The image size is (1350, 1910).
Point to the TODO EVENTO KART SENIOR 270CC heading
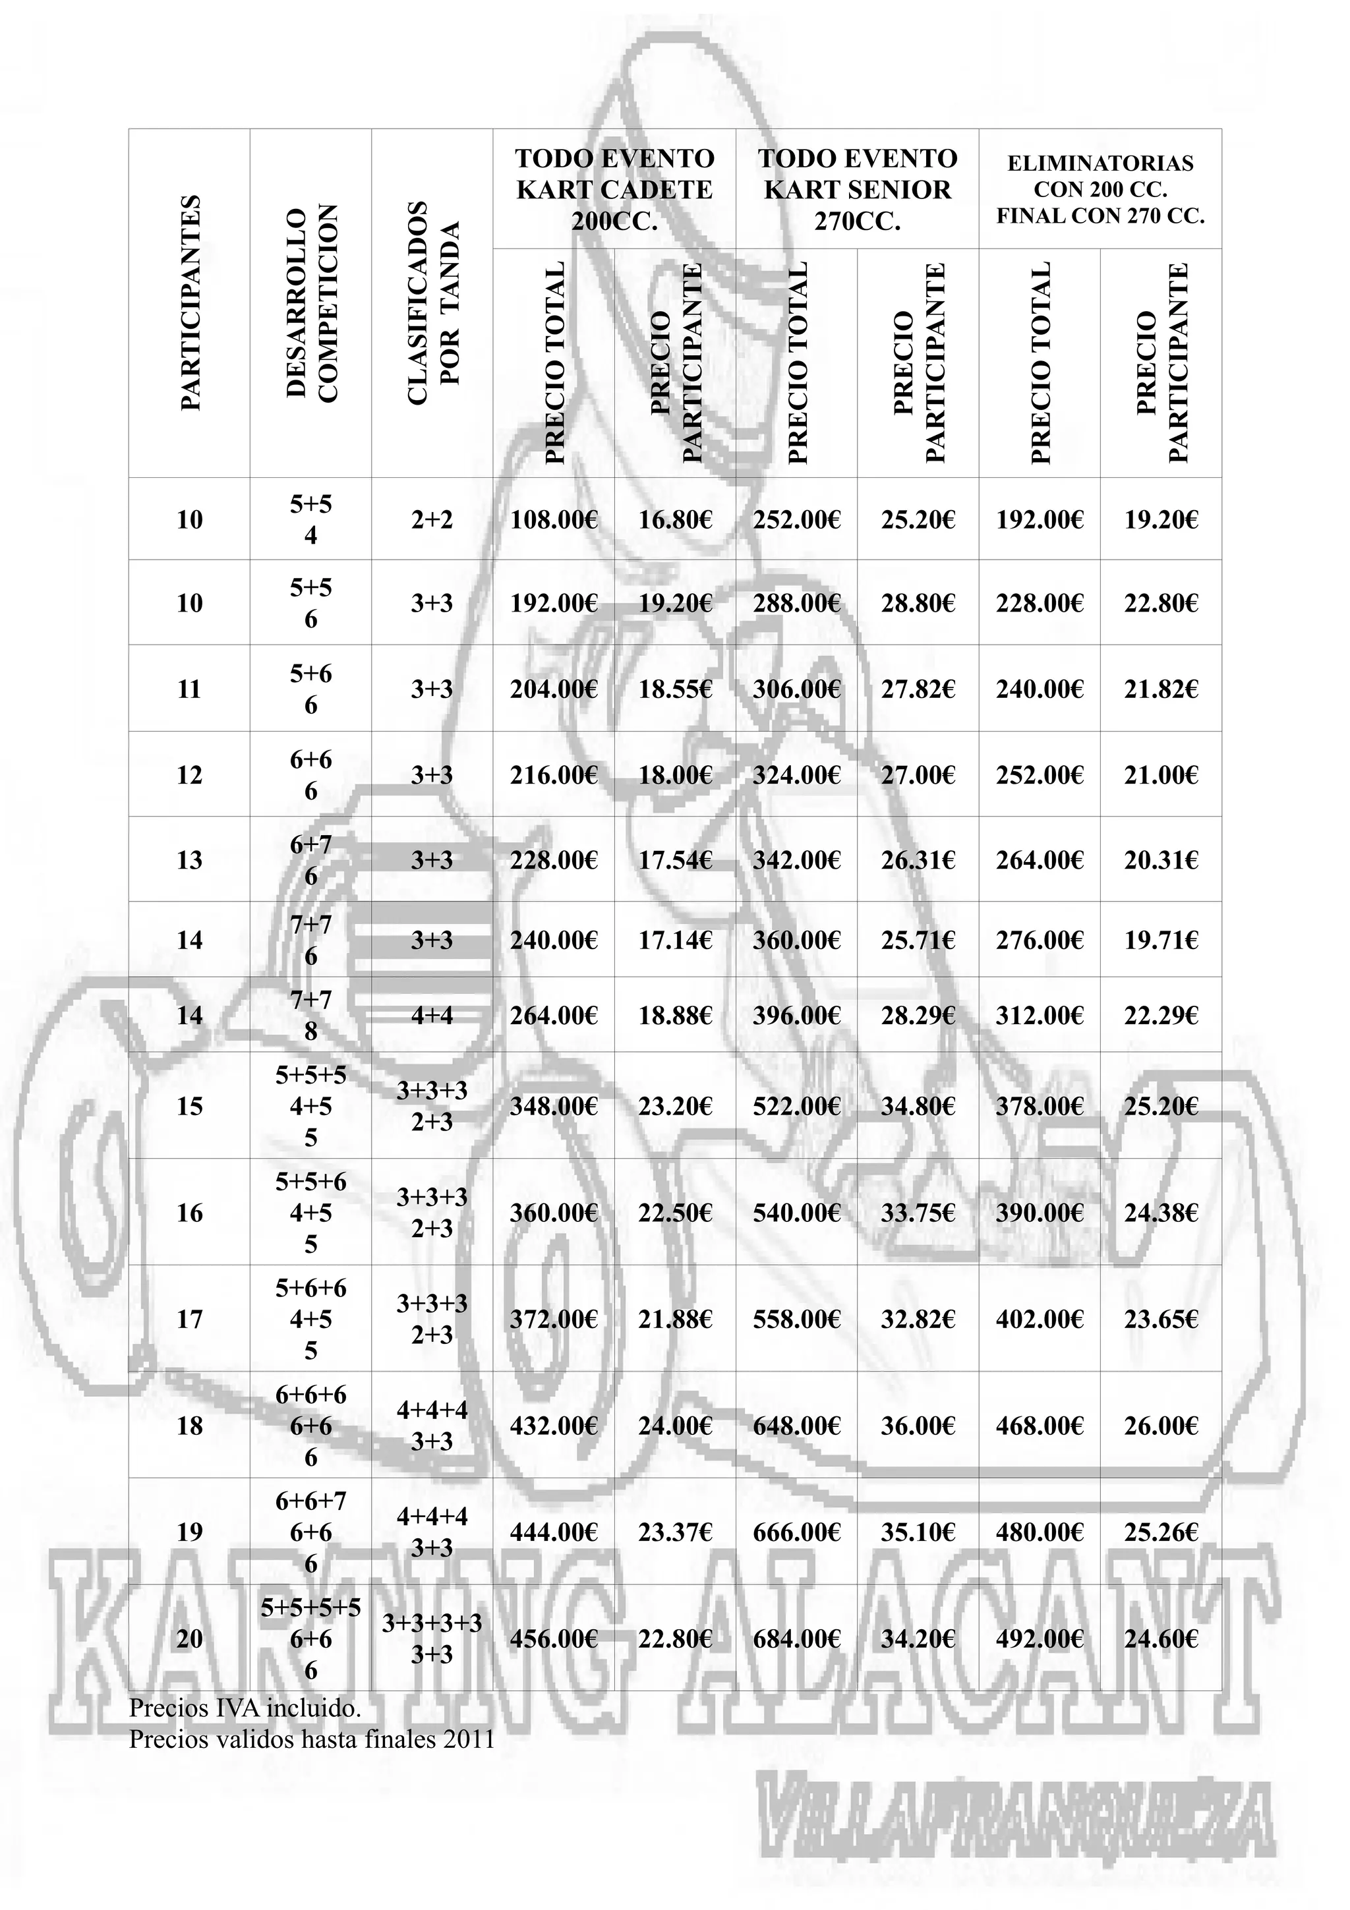tap(857, 190)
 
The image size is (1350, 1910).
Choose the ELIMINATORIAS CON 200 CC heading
tap(1100, 190)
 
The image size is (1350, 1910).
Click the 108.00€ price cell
tap(553, 520)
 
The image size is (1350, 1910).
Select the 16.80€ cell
tap(674, 520)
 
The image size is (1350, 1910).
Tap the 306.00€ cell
tap(796, 689)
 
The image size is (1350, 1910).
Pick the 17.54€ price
tap(674, 859)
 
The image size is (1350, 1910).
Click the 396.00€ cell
tap(796, 1015)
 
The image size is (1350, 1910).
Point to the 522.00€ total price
tap(796, 1105)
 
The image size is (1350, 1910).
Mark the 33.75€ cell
tap(918, 1212)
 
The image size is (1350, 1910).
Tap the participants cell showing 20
tap(190, 1638)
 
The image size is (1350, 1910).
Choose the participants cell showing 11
tap(190, 689)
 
